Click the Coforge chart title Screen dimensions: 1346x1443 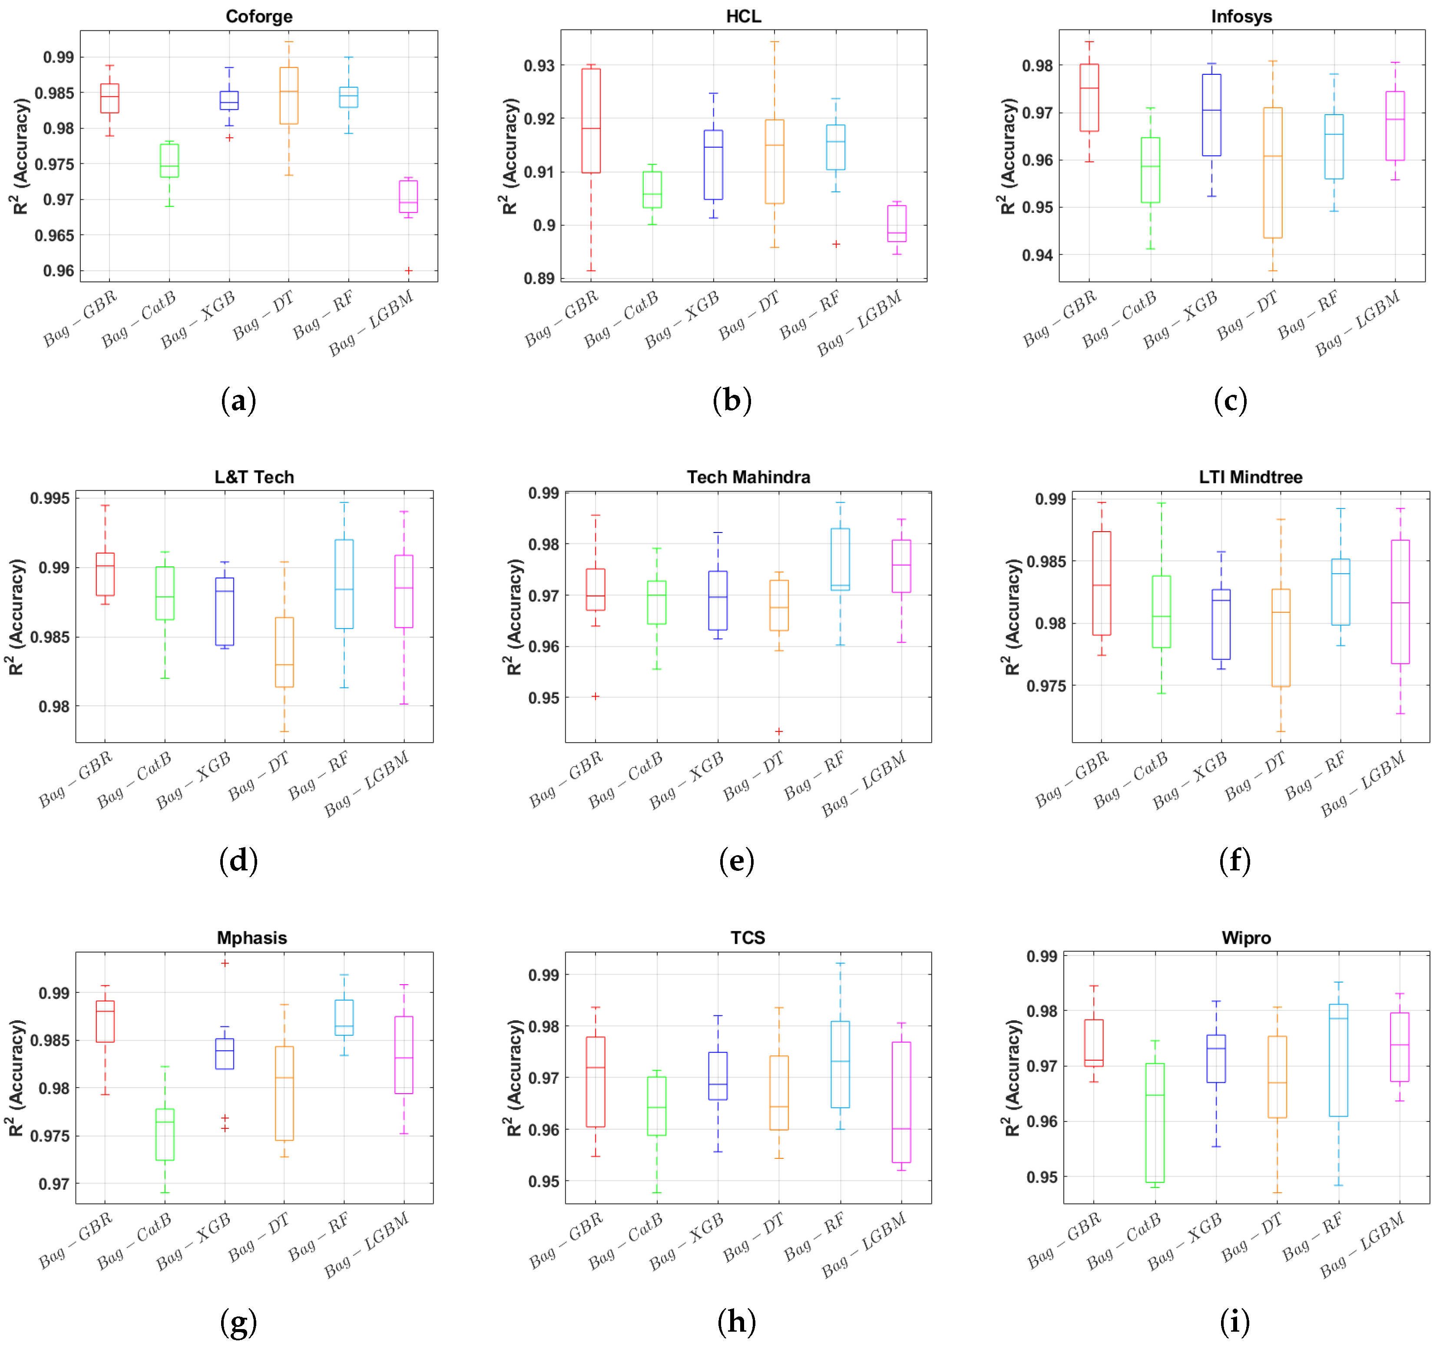(x=259, y=16)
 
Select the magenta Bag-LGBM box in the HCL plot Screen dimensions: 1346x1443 (x=897, y=224)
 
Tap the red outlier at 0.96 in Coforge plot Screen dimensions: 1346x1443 (x=409, y=271)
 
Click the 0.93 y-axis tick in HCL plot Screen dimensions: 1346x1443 (x=539, y=65)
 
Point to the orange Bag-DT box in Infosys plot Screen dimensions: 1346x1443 (x=1272, y=173)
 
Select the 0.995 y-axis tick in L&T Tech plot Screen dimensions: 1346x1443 (x=50, y=499)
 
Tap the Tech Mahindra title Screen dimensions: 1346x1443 (x=748, y=477)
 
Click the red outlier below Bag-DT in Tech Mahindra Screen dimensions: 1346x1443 (x=779, y=731)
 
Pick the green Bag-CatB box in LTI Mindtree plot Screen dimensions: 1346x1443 (x=1162, y=612)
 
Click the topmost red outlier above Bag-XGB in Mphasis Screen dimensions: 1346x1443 (x=225, y=964)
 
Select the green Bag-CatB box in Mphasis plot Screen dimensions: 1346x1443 (x=165, y=1134)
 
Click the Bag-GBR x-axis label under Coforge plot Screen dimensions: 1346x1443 (x=80, y=319)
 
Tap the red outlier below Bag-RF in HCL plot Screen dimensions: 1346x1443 (x=836, y=245)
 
